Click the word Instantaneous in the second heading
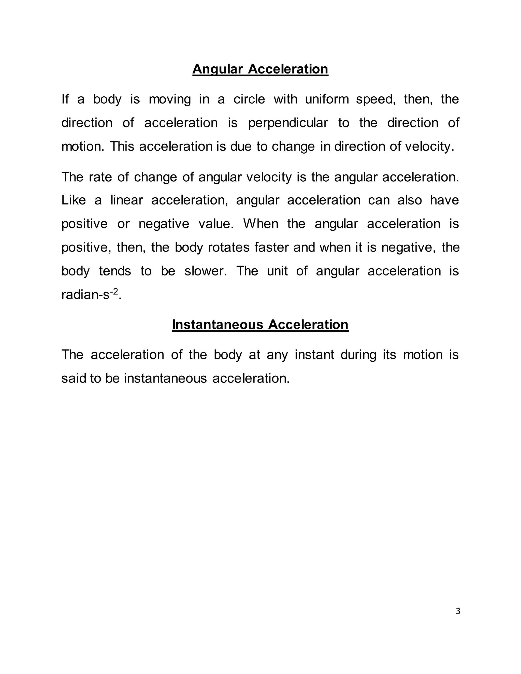pos(218,325)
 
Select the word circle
pos(249,99)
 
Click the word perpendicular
pos(288,123)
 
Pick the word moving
pos(170,99)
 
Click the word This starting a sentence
pos(122,146)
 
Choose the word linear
pos(126,200)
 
